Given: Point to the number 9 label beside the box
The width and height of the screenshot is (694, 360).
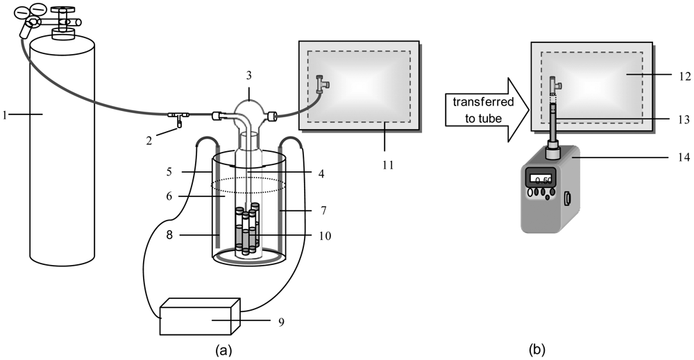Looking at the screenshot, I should tap(282, 322).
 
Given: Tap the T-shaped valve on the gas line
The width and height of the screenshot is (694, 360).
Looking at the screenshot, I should tap(178, 116).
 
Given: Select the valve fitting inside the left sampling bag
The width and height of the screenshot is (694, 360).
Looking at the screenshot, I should tap(321, 84).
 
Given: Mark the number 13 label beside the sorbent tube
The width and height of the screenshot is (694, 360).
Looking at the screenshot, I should tap(682, 119).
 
